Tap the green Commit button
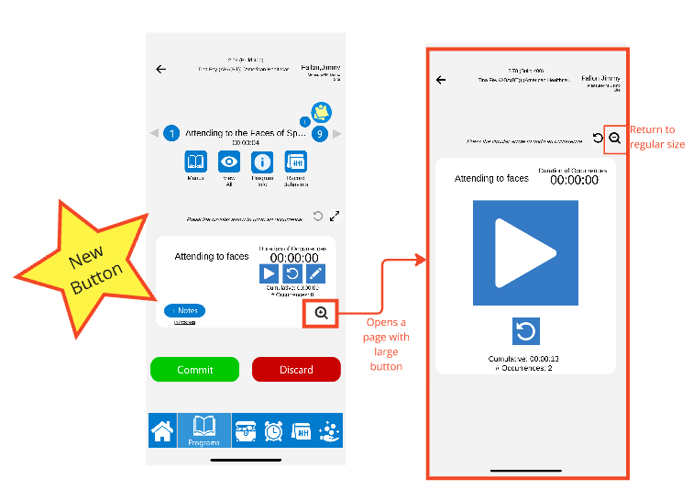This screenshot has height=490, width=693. [194, 369]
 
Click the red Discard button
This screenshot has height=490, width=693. [296, 369]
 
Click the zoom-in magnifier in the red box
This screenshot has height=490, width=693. [321, 313]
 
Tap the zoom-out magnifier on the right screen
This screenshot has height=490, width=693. [615, 138]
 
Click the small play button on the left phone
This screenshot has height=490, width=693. [269, 273]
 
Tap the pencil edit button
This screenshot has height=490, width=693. [314, 273]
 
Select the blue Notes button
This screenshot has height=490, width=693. [186, 311]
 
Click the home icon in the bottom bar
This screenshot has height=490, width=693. [163, 431]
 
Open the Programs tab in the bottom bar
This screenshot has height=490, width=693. [204, 430]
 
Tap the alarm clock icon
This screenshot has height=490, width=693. [273, 431]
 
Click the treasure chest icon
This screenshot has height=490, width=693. [246, 431]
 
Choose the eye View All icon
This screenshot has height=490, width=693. [229, 163]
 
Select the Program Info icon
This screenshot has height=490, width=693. [262, 163]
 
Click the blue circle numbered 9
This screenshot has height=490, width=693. [320, 133]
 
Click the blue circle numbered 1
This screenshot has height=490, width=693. [171, 133]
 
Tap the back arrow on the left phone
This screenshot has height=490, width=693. [161, 69]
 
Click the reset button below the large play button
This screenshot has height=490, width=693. [525, 330]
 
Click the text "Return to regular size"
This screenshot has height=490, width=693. [656, 137]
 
